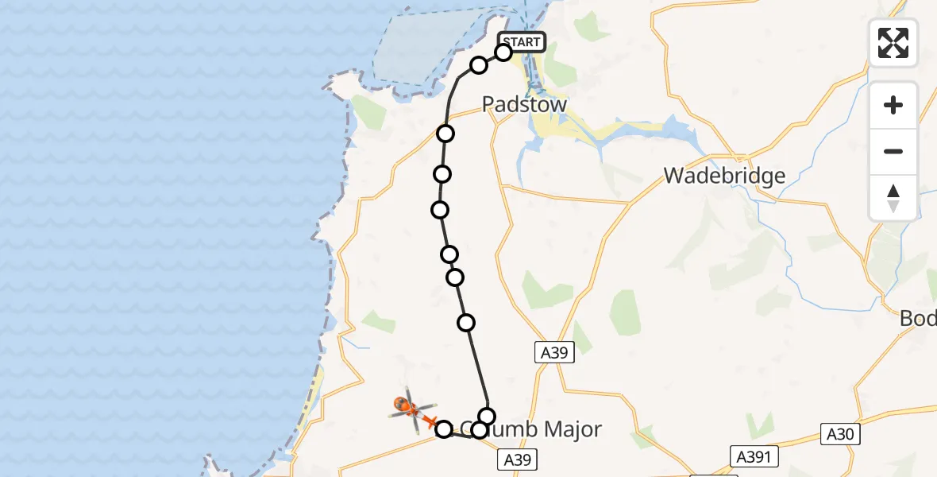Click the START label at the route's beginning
[x=522, y=42]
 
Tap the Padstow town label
[x=525, y=105]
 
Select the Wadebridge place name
[x=724, y=176]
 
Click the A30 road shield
[x=841, y=434]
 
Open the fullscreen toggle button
[x=893, y=43]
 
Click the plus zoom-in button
[x=893, y=105]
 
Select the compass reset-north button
[x=893, y=197]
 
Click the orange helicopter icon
[x=410, y=409]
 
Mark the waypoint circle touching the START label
[x=503, y=52]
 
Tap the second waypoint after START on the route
[x=478, y=65]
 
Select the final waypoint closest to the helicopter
[x=444, y=429]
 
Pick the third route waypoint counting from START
[x=445, y=133]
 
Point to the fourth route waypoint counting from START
[x=442, y=173]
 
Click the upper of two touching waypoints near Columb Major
[x=487, y=416]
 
